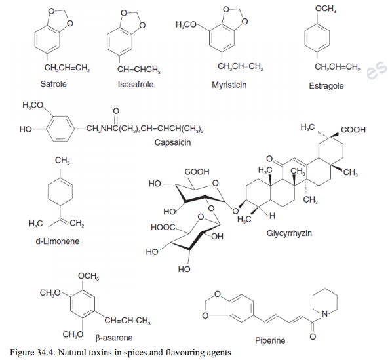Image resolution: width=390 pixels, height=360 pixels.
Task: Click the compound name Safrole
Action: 54,84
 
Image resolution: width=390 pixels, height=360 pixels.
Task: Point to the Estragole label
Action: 326,86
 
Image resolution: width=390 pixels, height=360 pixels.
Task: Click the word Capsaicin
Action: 172,142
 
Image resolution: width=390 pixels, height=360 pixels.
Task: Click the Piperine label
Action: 270,340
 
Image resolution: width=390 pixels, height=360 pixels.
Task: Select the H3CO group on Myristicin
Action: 187,24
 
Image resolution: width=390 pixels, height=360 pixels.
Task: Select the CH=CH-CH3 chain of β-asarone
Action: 127,319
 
